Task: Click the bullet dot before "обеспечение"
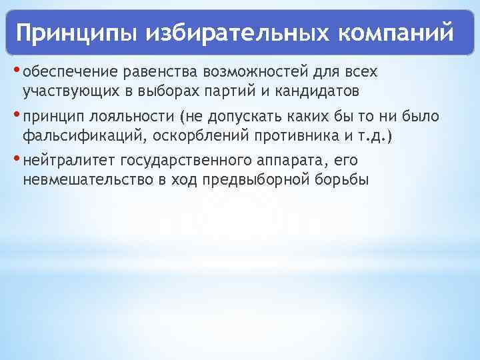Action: click(17, 69)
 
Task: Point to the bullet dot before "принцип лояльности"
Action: click(17, 115)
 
